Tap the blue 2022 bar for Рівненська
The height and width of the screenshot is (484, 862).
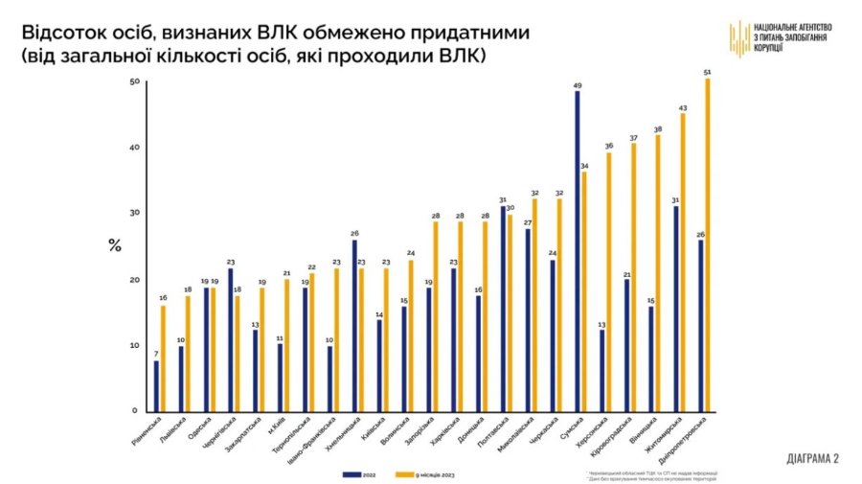(156, 385)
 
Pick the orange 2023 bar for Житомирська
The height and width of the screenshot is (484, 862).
(683, 263)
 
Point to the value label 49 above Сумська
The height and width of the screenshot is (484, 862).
(578, 85)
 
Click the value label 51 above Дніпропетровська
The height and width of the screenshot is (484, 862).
(707, 73)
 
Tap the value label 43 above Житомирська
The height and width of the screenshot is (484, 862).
(683, 108)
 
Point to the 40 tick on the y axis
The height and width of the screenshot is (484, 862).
(134, 148)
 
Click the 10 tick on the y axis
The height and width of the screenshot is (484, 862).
(134, 345)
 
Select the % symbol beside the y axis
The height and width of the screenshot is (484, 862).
(114, 245)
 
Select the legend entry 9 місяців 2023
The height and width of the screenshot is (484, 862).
(424, 473)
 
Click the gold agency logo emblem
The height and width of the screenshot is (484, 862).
(738, 37)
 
